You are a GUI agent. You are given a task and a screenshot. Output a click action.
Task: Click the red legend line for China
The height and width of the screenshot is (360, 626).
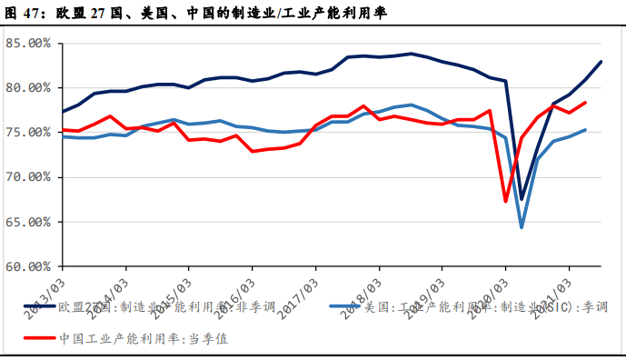[38, 338]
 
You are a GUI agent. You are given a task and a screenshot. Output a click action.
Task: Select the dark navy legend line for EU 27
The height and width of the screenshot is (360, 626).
[38, 307]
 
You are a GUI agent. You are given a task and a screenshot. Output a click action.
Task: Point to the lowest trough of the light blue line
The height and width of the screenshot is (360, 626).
[522, 226]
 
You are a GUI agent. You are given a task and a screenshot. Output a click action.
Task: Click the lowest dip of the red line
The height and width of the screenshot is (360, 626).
[506, 201]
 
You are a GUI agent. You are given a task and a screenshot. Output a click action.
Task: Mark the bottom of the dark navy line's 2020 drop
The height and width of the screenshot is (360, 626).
[522, 198]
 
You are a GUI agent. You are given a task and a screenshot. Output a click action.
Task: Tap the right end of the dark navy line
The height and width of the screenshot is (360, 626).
[601, 62]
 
